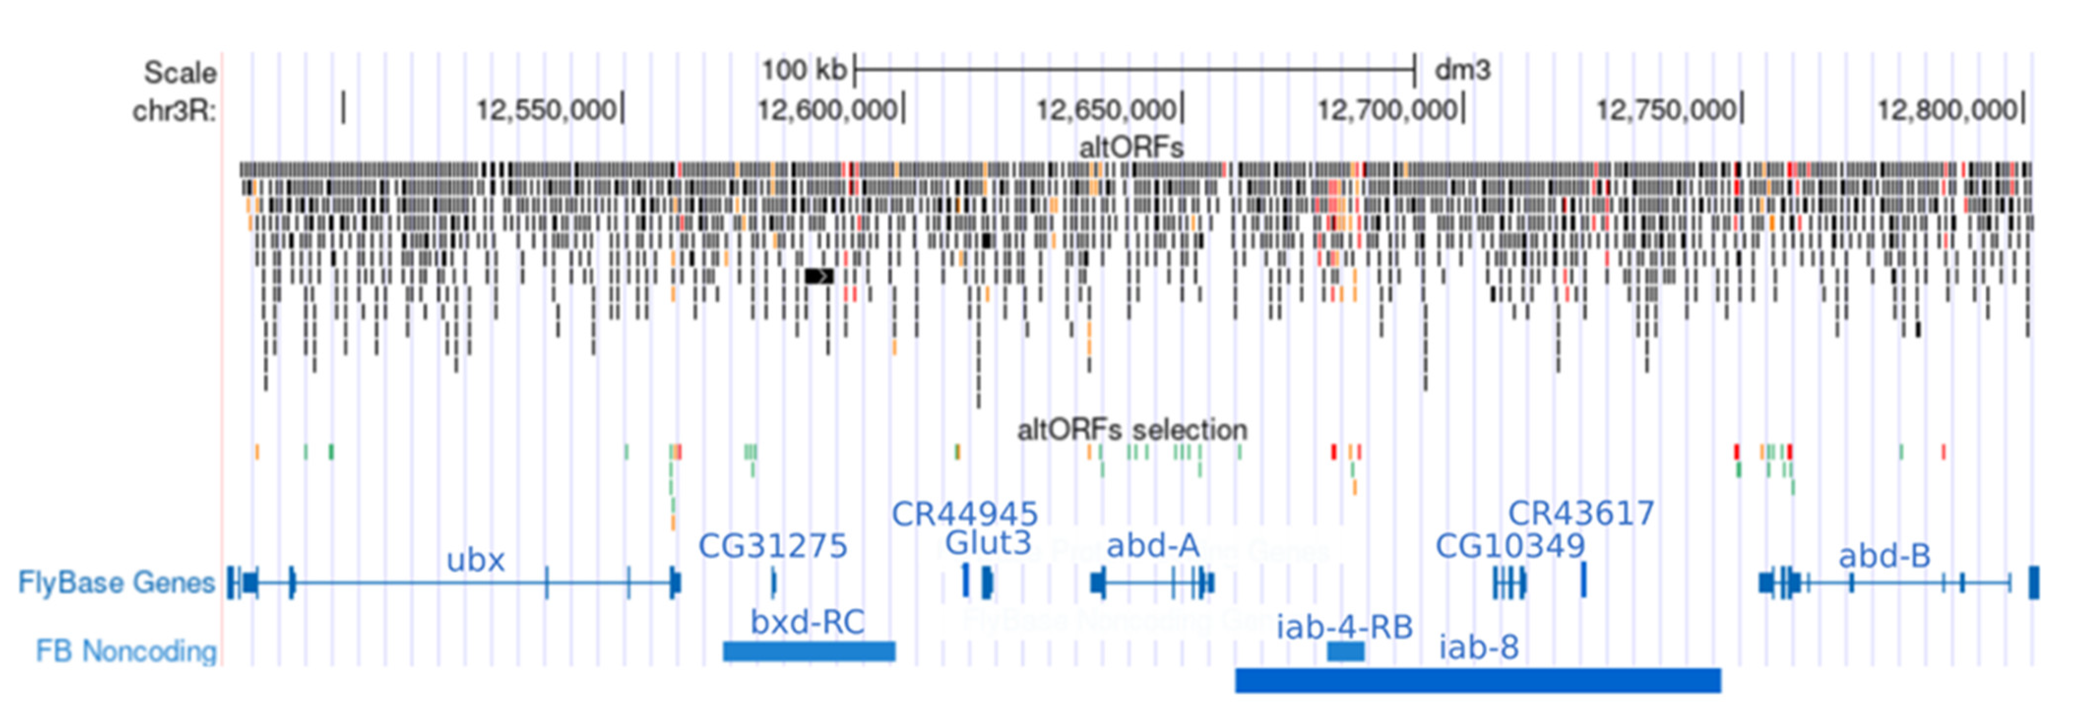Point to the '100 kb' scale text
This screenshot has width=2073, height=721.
(x=803, y=70)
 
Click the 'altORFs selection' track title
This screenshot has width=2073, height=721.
(x=1131, y=430)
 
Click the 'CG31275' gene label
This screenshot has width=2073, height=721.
(x=773, y=546)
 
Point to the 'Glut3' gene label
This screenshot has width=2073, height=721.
(x=987, y=543)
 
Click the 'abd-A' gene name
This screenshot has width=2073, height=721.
(x=1152, y=546)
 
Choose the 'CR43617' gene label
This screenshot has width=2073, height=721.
(x=1580, y=513)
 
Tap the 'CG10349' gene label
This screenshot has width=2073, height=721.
(x=1509, y=546)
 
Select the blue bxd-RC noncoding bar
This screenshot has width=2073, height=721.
(x=809, y=651)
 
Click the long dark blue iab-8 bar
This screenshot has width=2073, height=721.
(x=1477, y=680)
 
